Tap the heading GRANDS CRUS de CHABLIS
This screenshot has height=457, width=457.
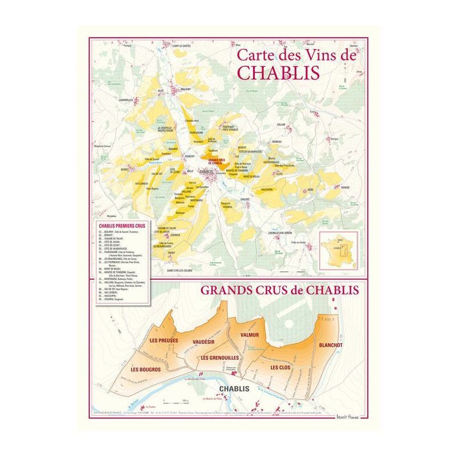(279, 290)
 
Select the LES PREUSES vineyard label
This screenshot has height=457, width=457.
(164, 341)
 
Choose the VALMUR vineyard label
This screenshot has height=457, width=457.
(250, 335)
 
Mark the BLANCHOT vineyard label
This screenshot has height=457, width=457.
(331, 345)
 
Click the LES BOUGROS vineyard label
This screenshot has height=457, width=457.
(146, 369)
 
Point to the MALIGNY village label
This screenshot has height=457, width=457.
(185, 90)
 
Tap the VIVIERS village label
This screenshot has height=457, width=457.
(345, 187)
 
